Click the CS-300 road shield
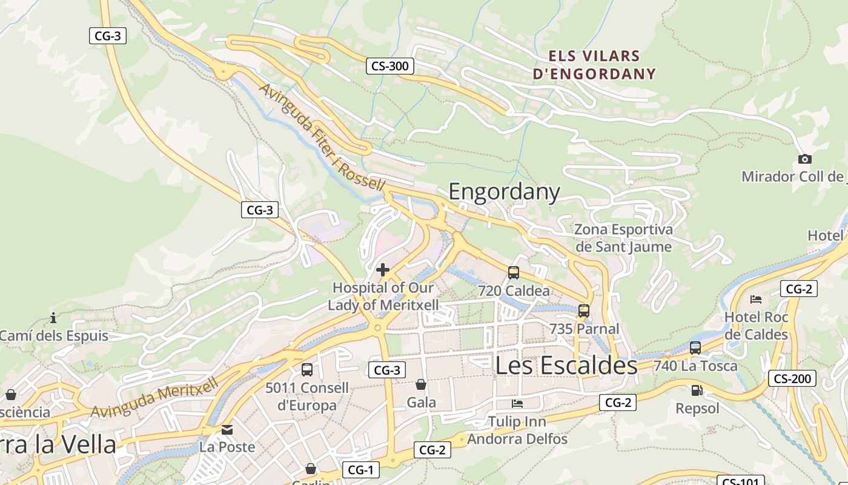(389, 66)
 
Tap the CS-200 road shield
(792, 379)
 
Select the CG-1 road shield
(360, 470)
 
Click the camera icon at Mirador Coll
(804, 159)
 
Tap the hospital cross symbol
(383, 270)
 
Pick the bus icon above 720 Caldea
(514, 273)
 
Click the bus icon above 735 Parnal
(584, 311)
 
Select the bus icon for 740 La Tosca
(695, 348)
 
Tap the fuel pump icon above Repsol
(697, 390)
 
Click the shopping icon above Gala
(421, 384)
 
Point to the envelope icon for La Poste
(227, 430)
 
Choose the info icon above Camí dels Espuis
(53, 318)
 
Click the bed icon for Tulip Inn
(517, 404)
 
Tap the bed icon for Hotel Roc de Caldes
(755, 299)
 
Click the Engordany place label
(504, 192)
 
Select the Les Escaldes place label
(566, 366)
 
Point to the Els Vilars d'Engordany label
(594, 65)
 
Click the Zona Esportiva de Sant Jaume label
(623, 238)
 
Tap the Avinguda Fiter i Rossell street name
(322, 137)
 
